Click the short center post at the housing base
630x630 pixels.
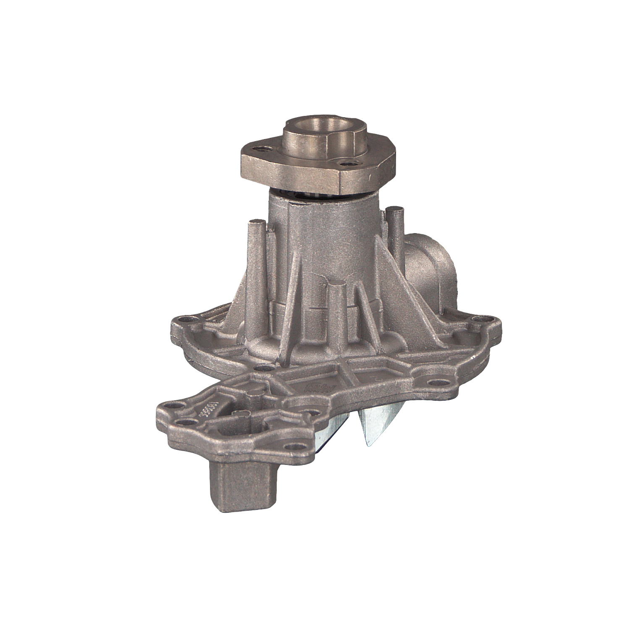[336, 311]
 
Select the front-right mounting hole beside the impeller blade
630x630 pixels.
[440, 383]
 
